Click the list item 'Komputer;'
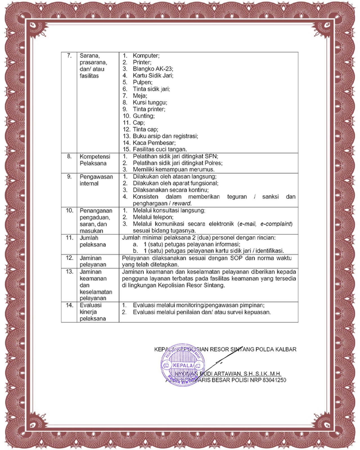click(x=146, y=56)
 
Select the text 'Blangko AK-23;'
click(x=153, y=69)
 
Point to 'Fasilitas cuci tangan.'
click(x=160, y=149)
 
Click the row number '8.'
click(x=69, y=156)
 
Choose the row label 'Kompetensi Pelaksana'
click(x=95, y=160)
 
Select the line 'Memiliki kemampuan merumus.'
click(x=174, y=170)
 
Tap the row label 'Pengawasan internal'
click(x=96, y=180)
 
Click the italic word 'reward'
click(x=181, y=203)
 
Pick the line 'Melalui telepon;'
click(x=153, y=217)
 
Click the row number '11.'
click(x=69, y=238)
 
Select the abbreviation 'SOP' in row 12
click(x=230, y=258)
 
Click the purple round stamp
click(x=183, y=365)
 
